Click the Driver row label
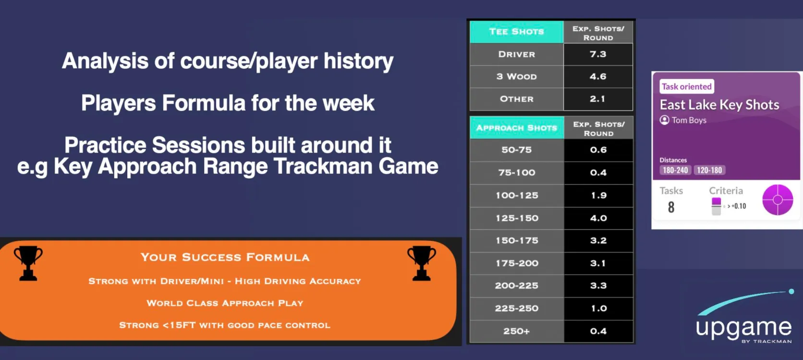tap(517, 54)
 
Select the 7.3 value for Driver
tap(598, 54)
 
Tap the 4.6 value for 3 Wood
tap(598, 76)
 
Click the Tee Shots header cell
tap(517, 32)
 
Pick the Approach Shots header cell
tap(517, 128)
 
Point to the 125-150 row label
tap(517, 218)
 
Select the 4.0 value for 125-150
tap(598, 218)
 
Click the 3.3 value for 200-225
tap(598, 286)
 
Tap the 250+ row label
tap(517, 331)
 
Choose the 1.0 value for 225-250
tap(599, 309)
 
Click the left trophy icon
tap(28, 264)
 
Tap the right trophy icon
tap(422, 264)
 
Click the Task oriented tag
tap(686, 86)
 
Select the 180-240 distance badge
tap(675, 170)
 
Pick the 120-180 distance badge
tap(709, 170)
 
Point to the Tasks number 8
tap(671, 207)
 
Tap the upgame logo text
tap(744, 328)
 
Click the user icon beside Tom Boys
tap(664, 120)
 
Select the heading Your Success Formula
tap(225, 257)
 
